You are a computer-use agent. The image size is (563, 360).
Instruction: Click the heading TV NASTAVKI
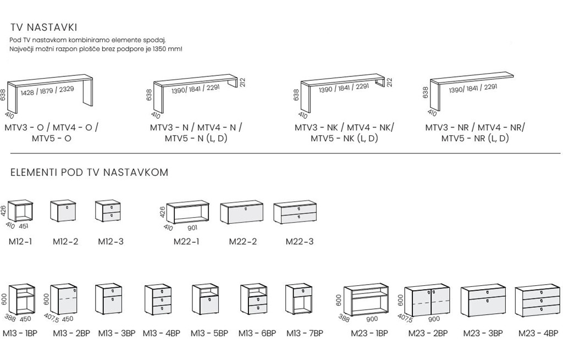43,27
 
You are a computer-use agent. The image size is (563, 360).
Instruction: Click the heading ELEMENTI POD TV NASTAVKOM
90,173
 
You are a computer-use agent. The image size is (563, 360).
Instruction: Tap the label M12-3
110,241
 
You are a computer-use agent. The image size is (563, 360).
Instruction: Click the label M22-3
300,241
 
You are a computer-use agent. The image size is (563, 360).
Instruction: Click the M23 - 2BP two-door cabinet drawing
427,301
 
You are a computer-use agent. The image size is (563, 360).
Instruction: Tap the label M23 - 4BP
538,333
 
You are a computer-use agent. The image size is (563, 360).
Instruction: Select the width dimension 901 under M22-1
193,227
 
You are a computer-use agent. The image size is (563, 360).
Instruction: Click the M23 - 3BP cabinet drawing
483,301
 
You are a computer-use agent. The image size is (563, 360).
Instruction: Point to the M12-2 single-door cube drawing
62,211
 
